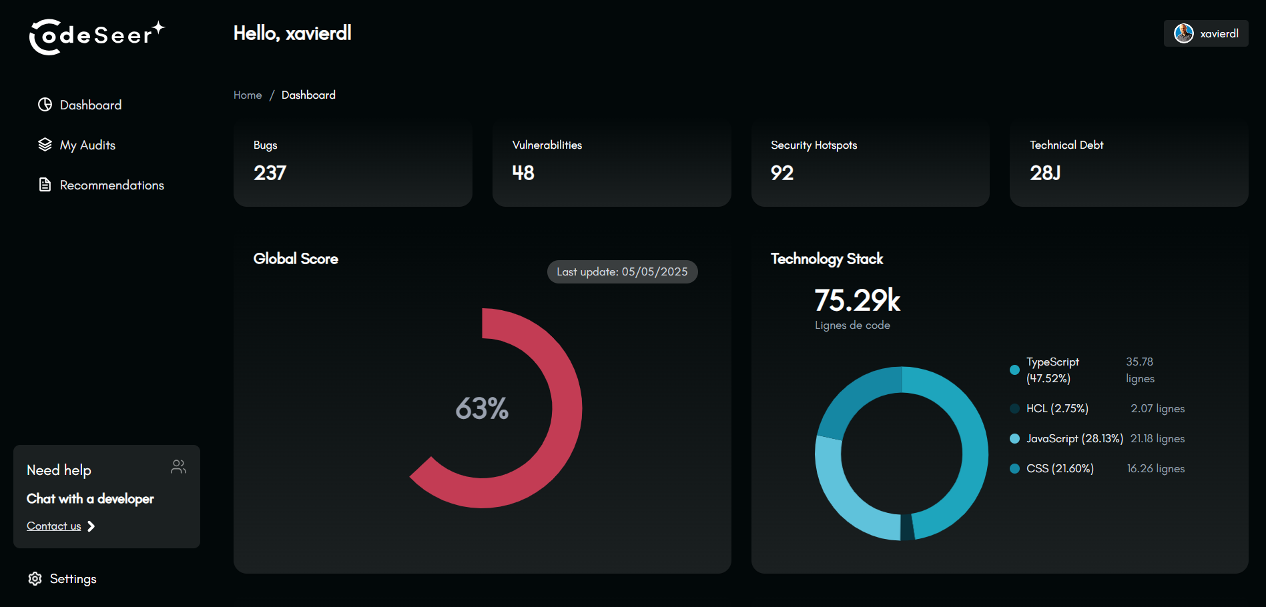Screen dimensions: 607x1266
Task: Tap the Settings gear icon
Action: tap(35, 579)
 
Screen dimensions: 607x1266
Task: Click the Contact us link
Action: tap(54, 526)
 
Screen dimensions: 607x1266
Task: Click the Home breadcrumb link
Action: tap(248, 95)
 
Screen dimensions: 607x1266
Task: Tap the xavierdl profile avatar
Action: tap(1183, 33)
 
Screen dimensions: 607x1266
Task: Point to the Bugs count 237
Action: tap(270, 173)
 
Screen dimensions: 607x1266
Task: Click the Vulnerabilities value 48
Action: tap(523, 173)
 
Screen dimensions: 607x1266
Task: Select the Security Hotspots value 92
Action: tap(781, 173)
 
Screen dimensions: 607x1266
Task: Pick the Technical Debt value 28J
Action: tap(1044, 173)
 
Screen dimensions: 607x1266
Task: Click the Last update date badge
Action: tap(622, 271)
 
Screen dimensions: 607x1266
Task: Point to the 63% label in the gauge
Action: tap(482, 408)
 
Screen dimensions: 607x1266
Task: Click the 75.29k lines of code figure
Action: tap(857, 300)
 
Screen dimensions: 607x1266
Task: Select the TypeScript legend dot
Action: tap(1014, 370)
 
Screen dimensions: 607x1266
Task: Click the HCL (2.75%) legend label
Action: tap(1057, 408)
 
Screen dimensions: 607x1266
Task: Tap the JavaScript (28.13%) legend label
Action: tap(1074, 438)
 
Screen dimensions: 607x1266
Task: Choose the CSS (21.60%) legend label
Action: tap(1060, 468)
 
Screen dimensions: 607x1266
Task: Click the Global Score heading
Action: tap(296, 259)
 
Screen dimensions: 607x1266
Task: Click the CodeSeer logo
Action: tap(97, 36)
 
